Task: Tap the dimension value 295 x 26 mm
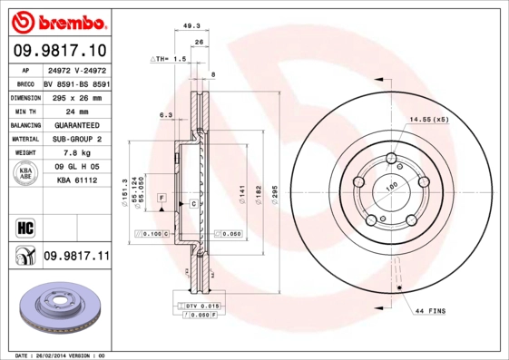(76, 96)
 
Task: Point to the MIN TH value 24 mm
(76, 111)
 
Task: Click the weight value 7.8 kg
(76, 153)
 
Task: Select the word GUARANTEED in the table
(76, 125)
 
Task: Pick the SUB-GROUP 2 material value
(76, 139)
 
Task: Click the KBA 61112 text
(76, 181)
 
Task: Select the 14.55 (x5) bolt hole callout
(429, 120)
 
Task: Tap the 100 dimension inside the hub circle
(393, 186)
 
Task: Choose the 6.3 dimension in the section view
(165, 115)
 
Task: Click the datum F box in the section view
(161, 197)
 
